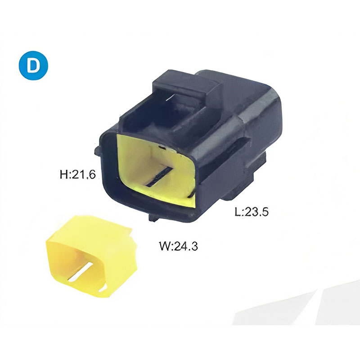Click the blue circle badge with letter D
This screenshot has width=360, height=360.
click(x=33, y=65)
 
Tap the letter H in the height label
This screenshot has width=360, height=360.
click(x=63, y=174)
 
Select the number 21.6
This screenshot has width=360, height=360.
click(x=84, y=175)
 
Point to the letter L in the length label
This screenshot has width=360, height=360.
click(x=238, y=211)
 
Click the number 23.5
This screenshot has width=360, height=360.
click(x=256, y=211)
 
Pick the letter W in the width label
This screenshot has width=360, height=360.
click(x=165, y=246)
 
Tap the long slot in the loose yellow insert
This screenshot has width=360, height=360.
click(x=81, y=272)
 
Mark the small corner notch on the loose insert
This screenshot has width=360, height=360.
click(x=103, y=288)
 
